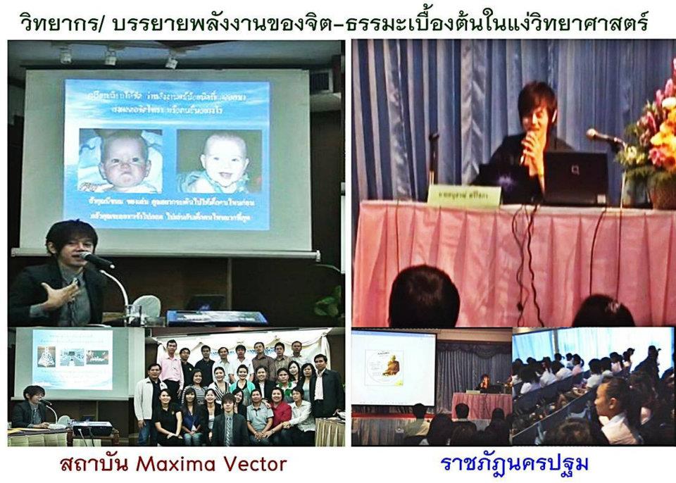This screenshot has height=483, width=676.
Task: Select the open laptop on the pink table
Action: [575, 178]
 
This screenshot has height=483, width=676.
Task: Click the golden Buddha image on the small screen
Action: [395, 372]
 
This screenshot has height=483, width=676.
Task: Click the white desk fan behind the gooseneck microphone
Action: [146, 307]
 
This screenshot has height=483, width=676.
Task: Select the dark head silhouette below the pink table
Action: [423, 296]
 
